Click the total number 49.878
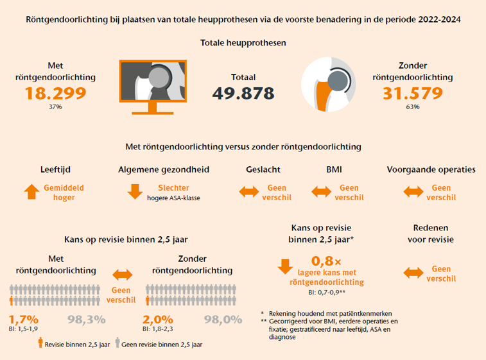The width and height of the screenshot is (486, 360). tap(243, 93)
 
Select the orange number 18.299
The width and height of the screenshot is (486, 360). tap(55, 93)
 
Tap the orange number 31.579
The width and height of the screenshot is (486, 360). tap(413, 93)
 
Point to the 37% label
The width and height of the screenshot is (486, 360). tap(55, 107)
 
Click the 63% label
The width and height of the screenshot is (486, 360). tap(413, 107)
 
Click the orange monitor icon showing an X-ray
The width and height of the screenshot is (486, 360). tap(153, 87)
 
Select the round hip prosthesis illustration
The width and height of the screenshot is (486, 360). tap(328, 84)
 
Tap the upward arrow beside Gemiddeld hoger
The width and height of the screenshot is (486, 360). tap(31, 191)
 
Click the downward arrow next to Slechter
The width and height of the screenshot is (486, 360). tap(135, 191)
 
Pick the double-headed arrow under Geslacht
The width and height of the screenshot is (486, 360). tap(249, 192)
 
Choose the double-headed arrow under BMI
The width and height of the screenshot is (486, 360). tap(322, 192)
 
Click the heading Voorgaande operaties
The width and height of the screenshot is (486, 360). tap(431, 170)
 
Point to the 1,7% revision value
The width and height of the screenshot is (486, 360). tap(24, 320)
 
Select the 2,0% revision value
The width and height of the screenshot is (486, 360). tap(158, 320)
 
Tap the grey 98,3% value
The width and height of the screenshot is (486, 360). tap(87, 320)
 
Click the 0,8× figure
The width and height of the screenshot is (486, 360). tap(326, 261)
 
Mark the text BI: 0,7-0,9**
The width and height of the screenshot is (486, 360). tap(327, 292)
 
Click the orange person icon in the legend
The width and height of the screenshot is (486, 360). tap(40, 342)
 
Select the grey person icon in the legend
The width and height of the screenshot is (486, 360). tap(117, 342)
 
